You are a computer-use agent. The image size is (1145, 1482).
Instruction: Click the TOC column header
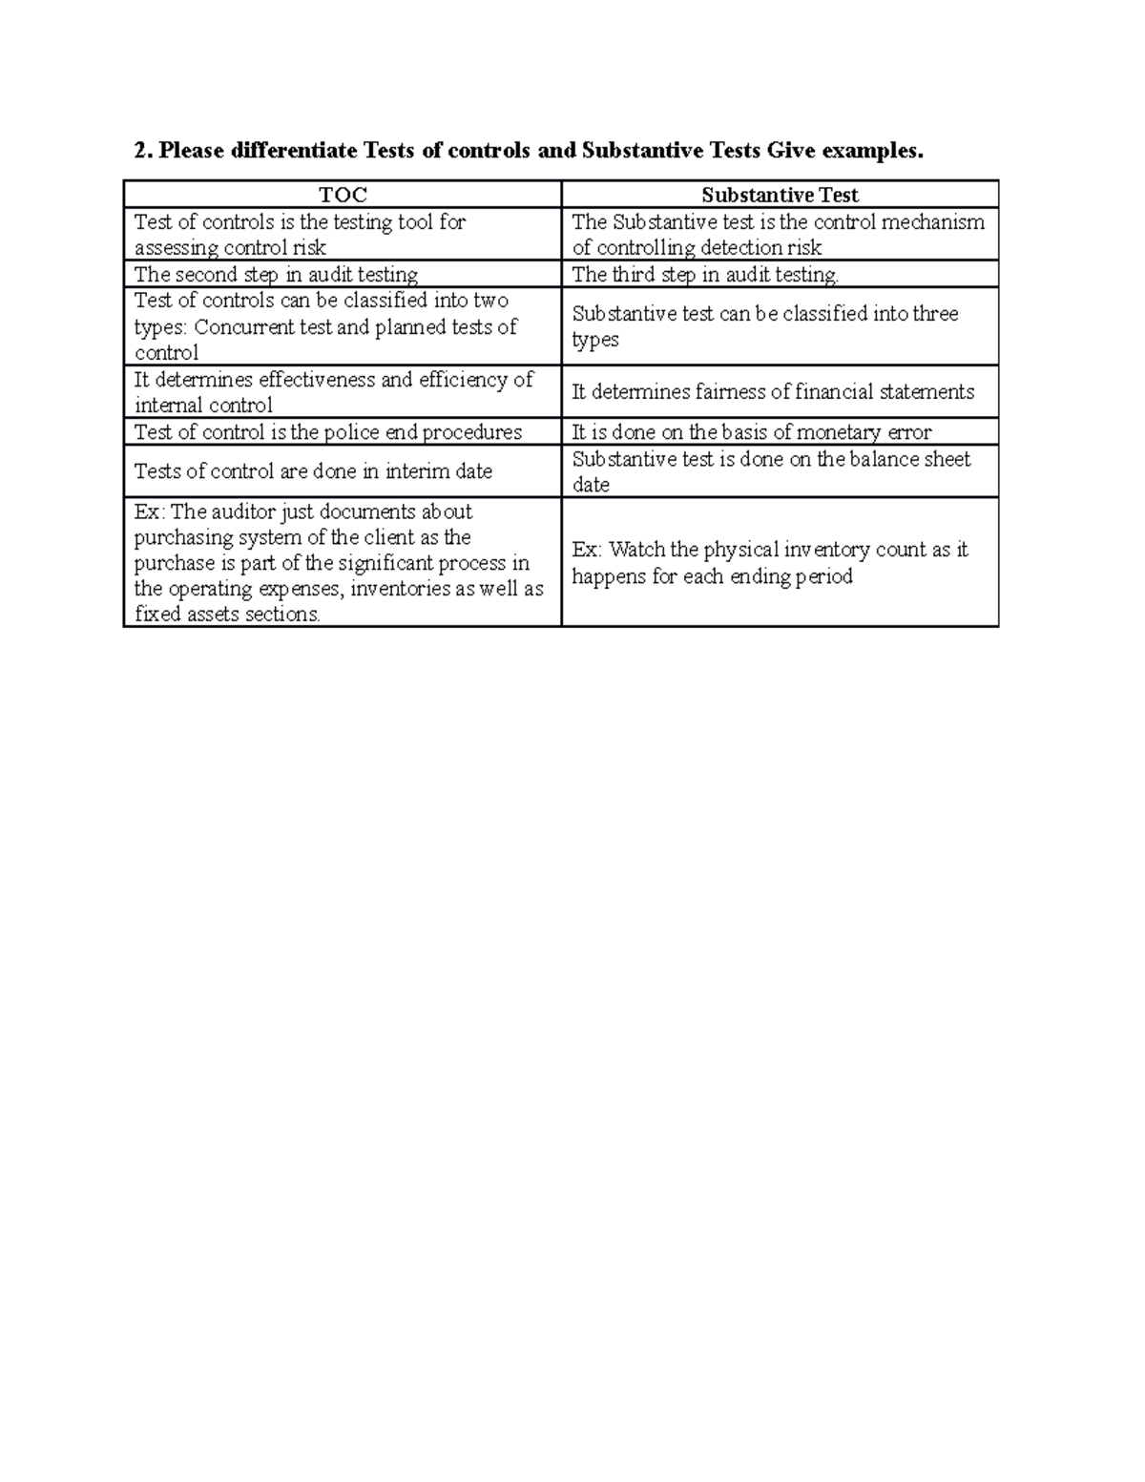click(343, 196)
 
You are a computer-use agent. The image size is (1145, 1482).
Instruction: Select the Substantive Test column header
click(780, 196)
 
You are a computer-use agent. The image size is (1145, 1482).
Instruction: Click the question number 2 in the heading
click(142, 151)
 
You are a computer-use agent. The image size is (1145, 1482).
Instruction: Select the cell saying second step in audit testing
click(276, 275)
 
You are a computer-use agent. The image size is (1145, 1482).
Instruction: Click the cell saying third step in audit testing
click(705, 275)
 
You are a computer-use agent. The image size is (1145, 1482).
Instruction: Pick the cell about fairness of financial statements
click(773, 392)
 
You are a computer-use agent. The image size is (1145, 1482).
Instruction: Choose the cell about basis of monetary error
click(751, 432)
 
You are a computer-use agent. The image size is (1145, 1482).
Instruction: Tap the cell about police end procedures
click(328, 432)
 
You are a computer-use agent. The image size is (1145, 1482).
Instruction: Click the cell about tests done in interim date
click(313, 471)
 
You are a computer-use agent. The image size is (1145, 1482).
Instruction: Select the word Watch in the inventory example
click(637, 550)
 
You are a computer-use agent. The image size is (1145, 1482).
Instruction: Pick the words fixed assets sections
click(227, 615)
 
